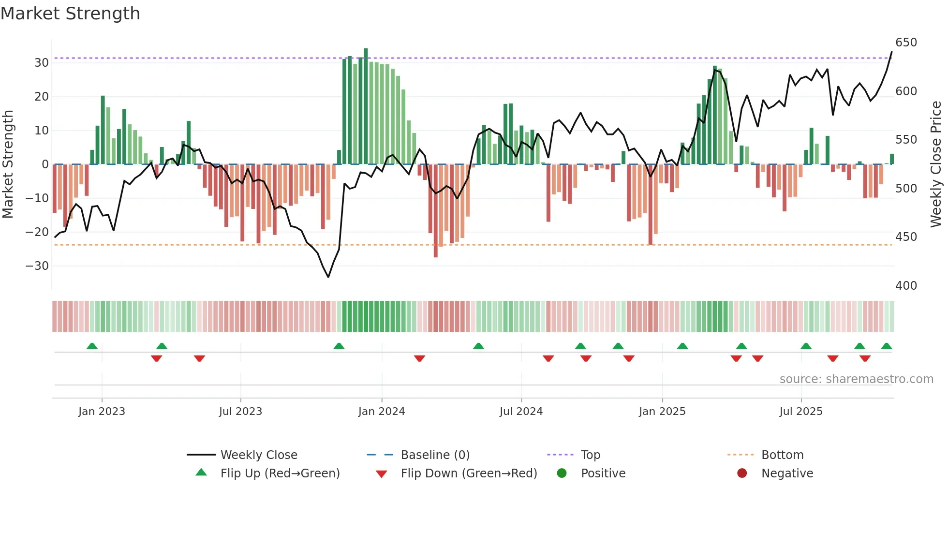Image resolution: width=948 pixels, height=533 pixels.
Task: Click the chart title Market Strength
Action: [70, 14]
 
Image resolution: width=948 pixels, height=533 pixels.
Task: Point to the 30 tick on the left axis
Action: [42, 63]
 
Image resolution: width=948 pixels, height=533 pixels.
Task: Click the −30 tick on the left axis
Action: [38, 266]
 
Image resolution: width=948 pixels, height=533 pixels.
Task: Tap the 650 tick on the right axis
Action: [906, 43]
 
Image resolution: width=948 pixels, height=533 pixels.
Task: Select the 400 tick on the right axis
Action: [906, 286]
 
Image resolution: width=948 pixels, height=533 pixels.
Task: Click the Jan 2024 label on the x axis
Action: [381, 412]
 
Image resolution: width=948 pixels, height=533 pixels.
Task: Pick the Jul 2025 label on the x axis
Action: [800, 412]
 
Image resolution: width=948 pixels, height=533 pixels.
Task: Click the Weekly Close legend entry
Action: [258, 455]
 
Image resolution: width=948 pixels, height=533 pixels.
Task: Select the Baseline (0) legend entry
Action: [435, 455]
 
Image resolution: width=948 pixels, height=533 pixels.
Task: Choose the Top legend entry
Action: [590, 455]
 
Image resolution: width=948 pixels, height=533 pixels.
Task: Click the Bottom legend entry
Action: [782, 455]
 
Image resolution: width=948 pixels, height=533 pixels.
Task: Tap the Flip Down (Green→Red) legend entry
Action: [468, 474]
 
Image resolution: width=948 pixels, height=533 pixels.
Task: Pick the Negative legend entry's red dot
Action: [742, 473]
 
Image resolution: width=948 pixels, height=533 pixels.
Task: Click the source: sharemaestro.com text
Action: [856, 379]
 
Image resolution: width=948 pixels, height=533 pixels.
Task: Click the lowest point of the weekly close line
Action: [328, 277]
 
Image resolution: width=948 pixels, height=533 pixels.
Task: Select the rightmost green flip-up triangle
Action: [886, 346]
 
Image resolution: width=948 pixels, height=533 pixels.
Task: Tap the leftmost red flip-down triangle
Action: [156, 358]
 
